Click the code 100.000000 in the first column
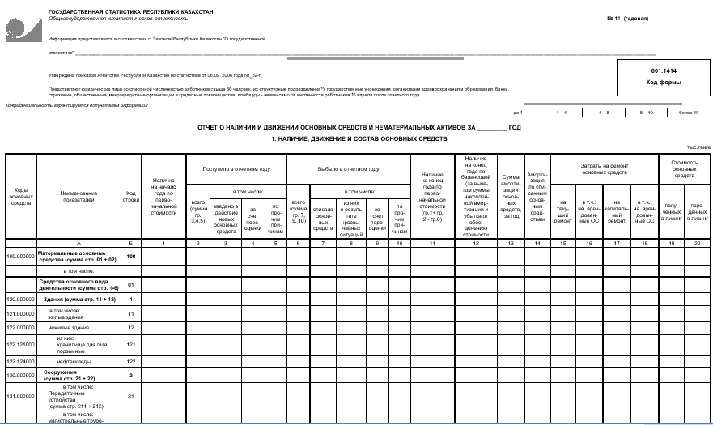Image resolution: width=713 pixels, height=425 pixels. (x=21, y=256)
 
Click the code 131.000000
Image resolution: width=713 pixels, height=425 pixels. (x=21, y=396)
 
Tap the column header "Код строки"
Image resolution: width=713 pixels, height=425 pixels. (x=130, y=195)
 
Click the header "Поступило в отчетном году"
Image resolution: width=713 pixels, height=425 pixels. (x=236, y=168)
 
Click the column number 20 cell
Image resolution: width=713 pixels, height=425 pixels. (x=695, y=243)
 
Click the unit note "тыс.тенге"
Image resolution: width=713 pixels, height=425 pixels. (x=698, y=147)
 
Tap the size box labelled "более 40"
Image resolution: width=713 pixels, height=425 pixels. (x=689, y=113)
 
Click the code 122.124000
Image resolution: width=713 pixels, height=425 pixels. (x=21, y=360)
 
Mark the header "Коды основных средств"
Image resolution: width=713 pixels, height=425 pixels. (x=21, y=195)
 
